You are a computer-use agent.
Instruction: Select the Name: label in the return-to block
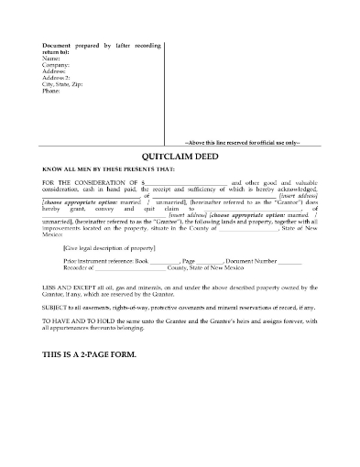tap(51, 59)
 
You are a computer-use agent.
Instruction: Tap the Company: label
tap(56, 66)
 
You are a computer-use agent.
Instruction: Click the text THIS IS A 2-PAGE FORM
tap(97, 342)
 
